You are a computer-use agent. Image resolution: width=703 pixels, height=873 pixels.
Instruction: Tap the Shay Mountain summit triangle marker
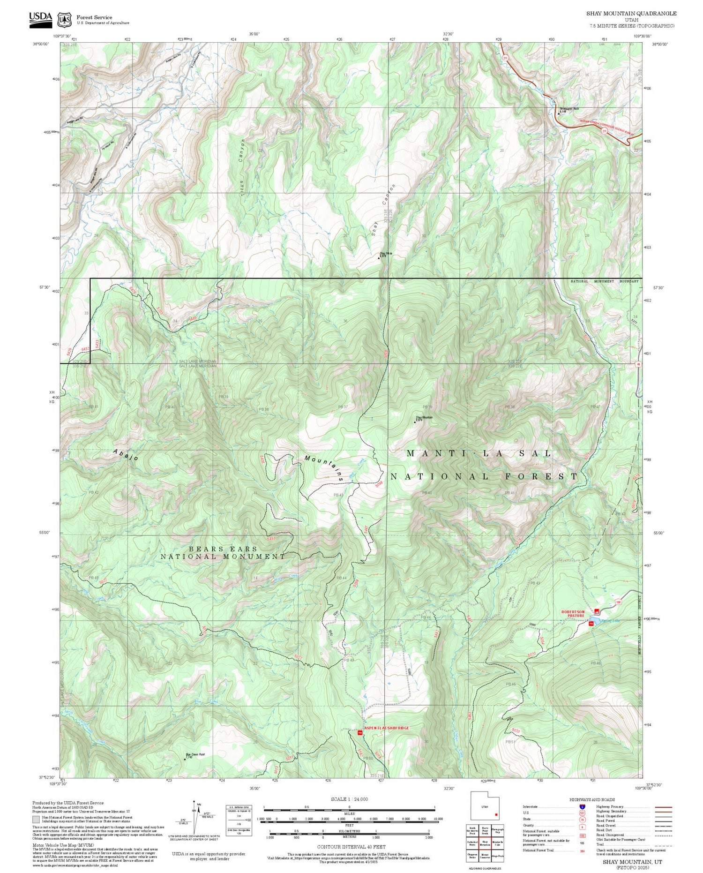click(x=415, y=422)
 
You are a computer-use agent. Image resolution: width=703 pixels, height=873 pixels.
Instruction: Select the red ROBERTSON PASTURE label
click(x=573, y=614)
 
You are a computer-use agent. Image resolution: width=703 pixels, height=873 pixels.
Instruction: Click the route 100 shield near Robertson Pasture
click(x=619, y=602)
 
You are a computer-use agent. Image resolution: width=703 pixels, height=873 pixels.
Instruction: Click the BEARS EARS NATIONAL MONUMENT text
click(x=223, y=553)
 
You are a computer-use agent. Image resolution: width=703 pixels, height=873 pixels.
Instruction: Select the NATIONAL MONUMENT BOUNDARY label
click(x=604, y=281)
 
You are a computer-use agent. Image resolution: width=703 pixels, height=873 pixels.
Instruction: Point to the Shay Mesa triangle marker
click(x=379, y=257)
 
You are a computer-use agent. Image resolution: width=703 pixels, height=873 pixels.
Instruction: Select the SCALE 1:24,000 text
click(x=349, y=799)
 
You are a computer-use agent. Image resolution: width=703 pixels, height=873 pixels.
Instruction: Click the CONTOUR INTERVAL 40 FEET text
click(x=351, y=847)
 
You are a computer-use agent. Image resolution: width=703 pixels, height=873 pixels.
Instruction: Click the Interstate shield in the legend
click(x=582, y=806)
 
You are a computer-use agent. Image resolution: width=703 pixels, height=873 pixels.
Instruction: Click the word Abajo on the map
click(x=126, y=455)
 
